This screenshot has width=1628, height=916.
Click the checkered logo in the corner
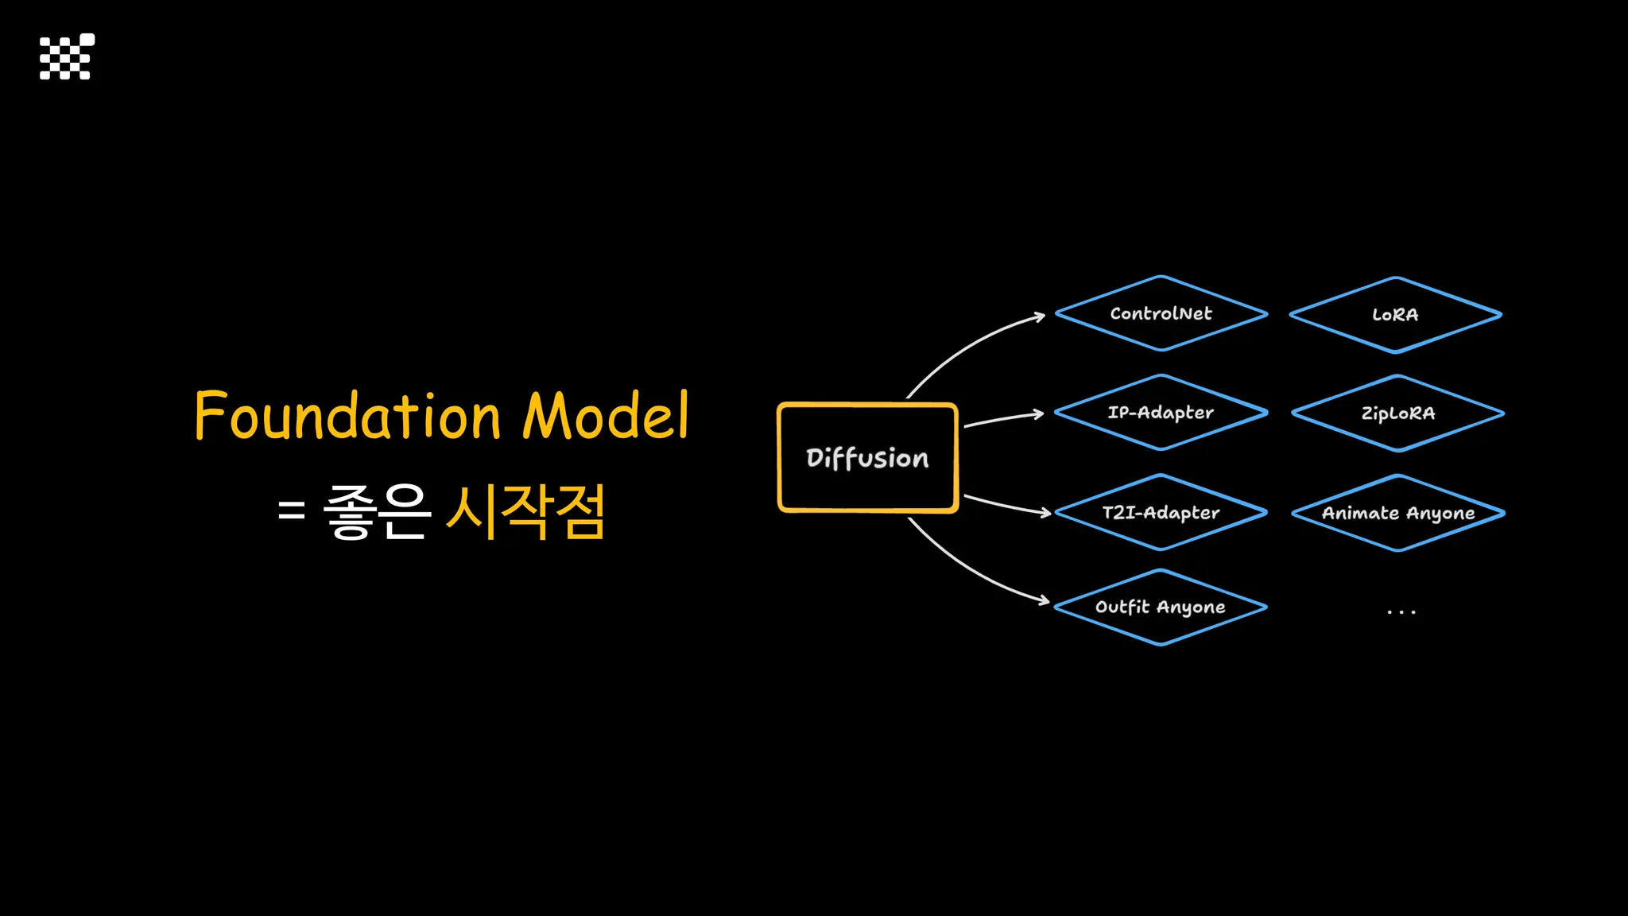tap(67, 56)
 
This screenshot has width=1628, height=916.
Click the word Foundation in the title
tap(347, 416)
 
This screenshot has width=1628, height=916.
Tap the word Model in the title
tap(606, 416)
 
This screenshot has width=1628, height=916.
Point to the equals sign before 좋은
tap(292, 510)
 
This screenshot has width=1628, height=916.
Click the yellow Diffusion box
tap(867, 458)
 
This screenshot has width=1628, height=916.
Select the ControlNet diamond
tap(1161, 314)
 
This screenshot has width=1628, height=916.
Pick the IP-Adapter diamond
tap(1161, 413)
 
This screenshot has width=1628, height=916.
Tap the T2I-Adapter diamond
tap(1161, 513)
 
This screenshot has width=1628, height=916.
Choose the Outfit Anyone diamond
tap(1161, 607)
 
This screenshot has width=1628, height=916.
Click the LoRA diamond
tap(1395, 315)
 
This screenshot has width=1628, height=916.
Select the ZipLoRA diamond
tap(1397, 413)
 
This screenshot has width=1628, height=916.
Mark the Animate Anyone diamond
tap(1397, 514)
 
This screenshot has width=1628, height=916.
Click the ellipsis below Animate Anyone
tap(1401, 612)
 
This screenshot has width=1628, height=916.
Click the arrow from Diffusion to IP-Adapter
tap(1003, 418)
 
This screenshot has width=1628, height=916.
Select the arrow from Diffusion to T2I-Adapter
tap(1006, 506)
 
